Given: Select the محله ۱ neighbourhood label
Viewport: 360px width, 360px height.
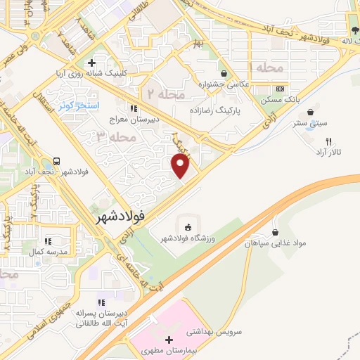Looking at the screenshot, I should click(x=261, y=68).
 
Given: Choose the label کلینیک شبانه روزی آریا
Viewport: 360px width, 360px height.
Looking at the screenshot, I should click(x=91, y=72).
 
